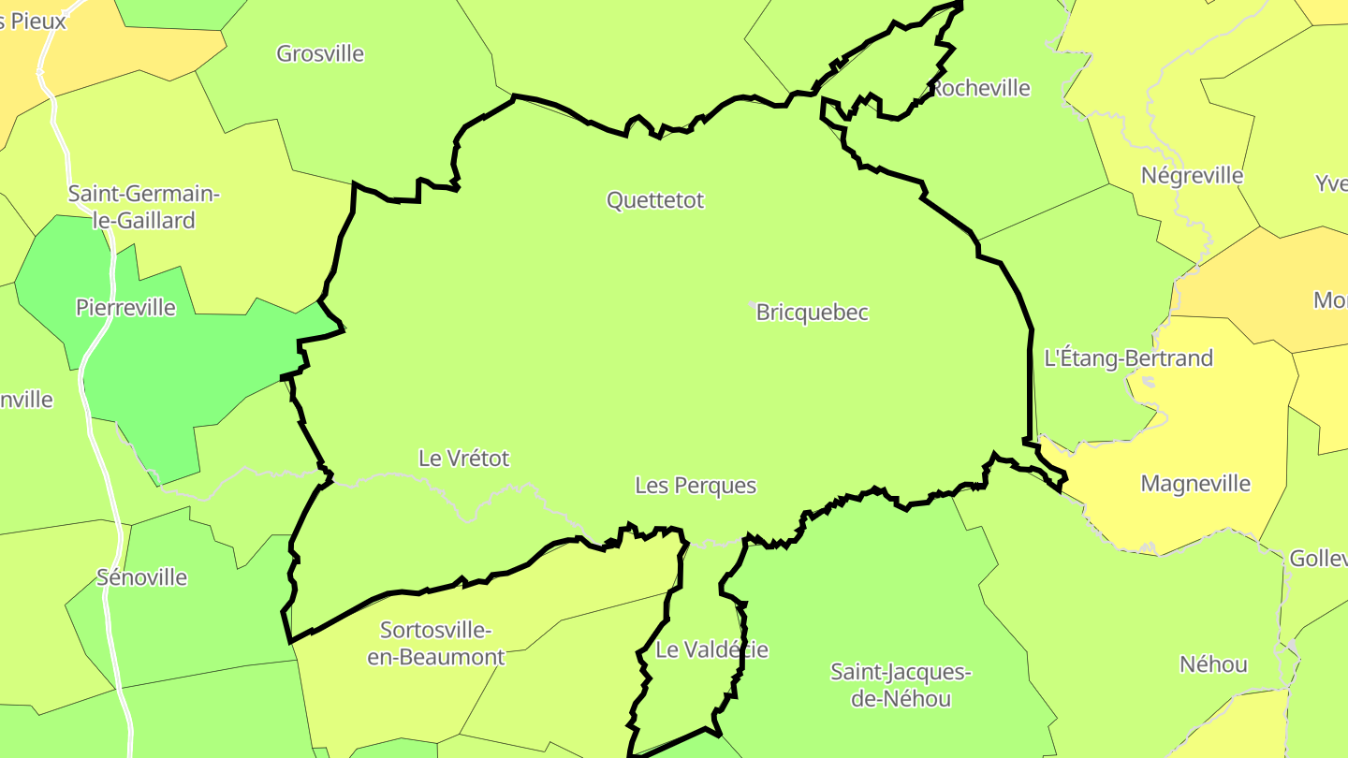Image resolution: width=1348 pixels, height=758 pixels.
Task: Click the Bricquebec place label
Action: pyautogui.click(x=813, y=313)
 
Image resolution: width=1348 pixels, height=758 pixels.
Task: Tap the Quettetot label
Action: pyautogui.click(x=655, y=200)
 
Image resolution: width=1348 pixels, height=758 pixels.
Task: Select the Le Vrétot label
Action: pyautogui.click(x=463, y=459)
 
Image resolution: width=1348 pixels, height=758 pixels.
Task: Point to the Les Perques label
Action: pyautogui.click(x=696, y=486)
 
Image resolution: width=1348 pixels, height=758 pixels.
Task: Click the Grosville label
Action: pyautogui.click(x=320, y=53)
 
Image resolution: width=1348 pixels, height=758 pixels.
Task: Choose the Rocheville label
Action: pyautogui.click(x=980, y=88)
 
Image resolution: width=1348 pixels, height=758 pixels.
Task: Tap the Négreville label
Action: pyautogui.click(x=1192, y=176)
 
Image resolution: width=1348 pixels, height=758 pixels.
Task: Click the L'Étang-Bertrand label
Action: pyautogui.click(x=1128, y=358)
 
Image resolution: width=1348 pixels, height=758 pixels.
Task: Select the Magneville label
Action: pyautogui.click(x=1195, y=484)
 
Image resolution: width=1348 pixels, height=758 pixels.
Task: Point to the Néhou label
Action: pyautogui.click(x=1213, y=664)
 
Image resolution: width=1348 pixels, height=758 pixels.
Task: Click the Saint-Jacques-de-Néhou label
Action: pyautogui.click(x=901, y=685)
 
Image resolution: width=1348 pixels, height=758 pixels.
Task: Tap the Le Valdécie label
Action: pyautogui.click(x=711, y=649)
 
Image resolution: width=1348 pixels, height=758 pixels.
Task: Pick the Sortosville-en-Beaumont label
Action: pyautogui.click(x=436, y=643)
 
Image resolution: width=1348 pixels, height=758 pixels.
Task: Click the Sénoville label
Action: pyautogui.click(x=142, y=577)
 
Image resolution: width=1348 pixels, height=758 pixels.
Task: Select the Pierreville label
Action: pyautogui.click(x=125, y=308)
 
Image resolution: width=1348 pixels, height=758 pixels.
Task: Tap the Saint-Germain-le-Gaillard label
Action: pyautogui.click(x=143, y=208)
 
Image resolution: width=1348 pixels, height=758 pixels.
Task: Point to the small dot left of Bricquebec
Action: pyautogui.click(x=753, y=305)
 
